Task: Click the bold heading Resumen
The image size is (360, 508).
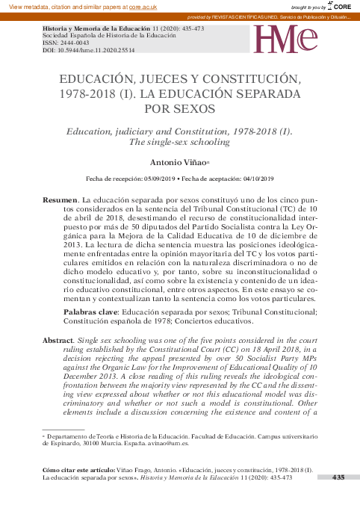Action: (60, 202)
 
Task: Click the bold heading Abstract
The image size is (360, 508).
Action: (58, 340)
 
